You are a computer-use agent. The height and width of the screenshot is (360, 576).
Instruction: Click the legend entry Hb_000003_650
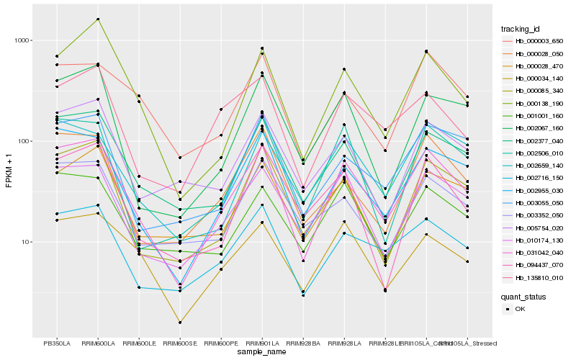click(539, 42)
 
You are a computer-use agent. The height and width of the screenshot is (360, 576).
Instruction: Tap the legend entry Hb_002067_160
click(539, 127)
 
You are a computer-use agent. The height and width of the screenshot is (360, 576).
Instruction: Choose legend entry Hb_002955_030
click(539, 191)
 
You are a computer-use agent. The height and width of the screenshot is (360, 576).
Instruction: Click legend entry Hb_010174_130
click(539, 240)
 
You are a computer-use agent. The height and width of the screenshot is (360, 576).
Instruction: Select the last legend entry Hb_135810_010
click(539, 276)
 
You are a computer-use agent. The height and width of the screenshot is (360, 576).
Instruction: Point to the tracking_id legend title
click(521, 29)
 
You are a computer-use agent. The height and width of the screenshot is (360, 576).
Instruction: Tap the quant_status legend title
click(523, 296)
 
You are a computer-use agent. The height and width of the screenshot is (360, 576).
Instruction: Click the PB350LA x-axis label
click(57, 343)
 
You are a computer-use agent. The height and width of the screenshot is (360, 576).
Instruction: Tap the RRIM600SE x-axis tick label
click(180, 343)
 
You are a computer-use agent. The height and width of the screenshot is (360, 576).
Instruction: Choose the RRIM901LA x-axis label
click(262, 343)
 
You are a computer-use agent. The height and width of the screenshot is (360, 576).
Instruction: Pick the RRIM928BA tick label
click(303, 343)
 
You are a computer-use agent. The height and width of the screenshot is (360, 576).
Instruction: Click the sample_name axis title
click(262, 352)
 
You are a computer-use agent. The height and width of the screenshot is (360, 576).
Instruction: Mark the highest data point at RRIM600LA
click(98, 19)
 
